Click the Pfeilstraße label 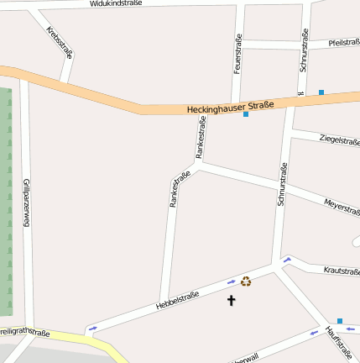[x=343, y=42]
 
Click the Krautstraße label [x=341, y=271]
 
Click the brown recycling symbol [x=246, y=281]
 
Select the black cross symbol [x=232, y=299]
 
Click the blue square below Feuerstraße [x=246, y=114]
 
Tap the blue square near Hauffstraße [x=340, y=320]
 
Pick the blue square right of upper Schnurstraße [x=321, y=92]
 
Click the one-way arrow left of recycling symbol [x=231, y=282]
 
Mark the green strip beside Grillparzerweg [x=5, y=202]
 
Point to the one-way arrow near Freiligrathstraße [x=91, y=327]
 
